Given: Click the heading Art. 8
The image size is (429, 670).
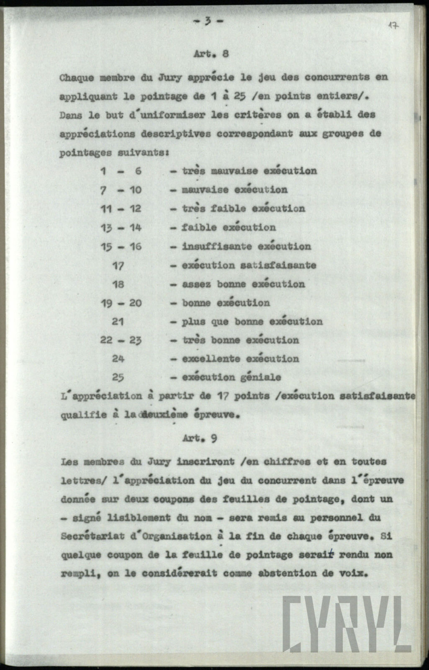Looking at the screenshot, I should click(211, 54).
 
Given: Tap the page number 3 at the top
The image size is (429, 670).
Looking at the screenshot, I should click(208, 21).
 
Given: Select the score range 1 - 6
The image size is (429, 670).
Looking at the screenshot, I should click(121, 171).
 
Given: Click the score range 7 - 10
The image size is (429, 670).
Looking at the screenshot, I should click(121, 190).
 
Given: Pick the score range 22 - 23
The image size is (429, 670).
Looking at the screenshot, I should click(121, 340).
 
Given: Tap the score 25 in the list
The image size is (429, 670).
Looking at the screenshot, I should click(118, 377).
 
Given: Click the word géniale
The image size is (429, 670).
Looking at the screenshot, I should click(261, 377).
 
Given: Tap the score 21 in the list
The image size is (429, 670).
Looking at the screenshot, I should click(118, 322).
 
